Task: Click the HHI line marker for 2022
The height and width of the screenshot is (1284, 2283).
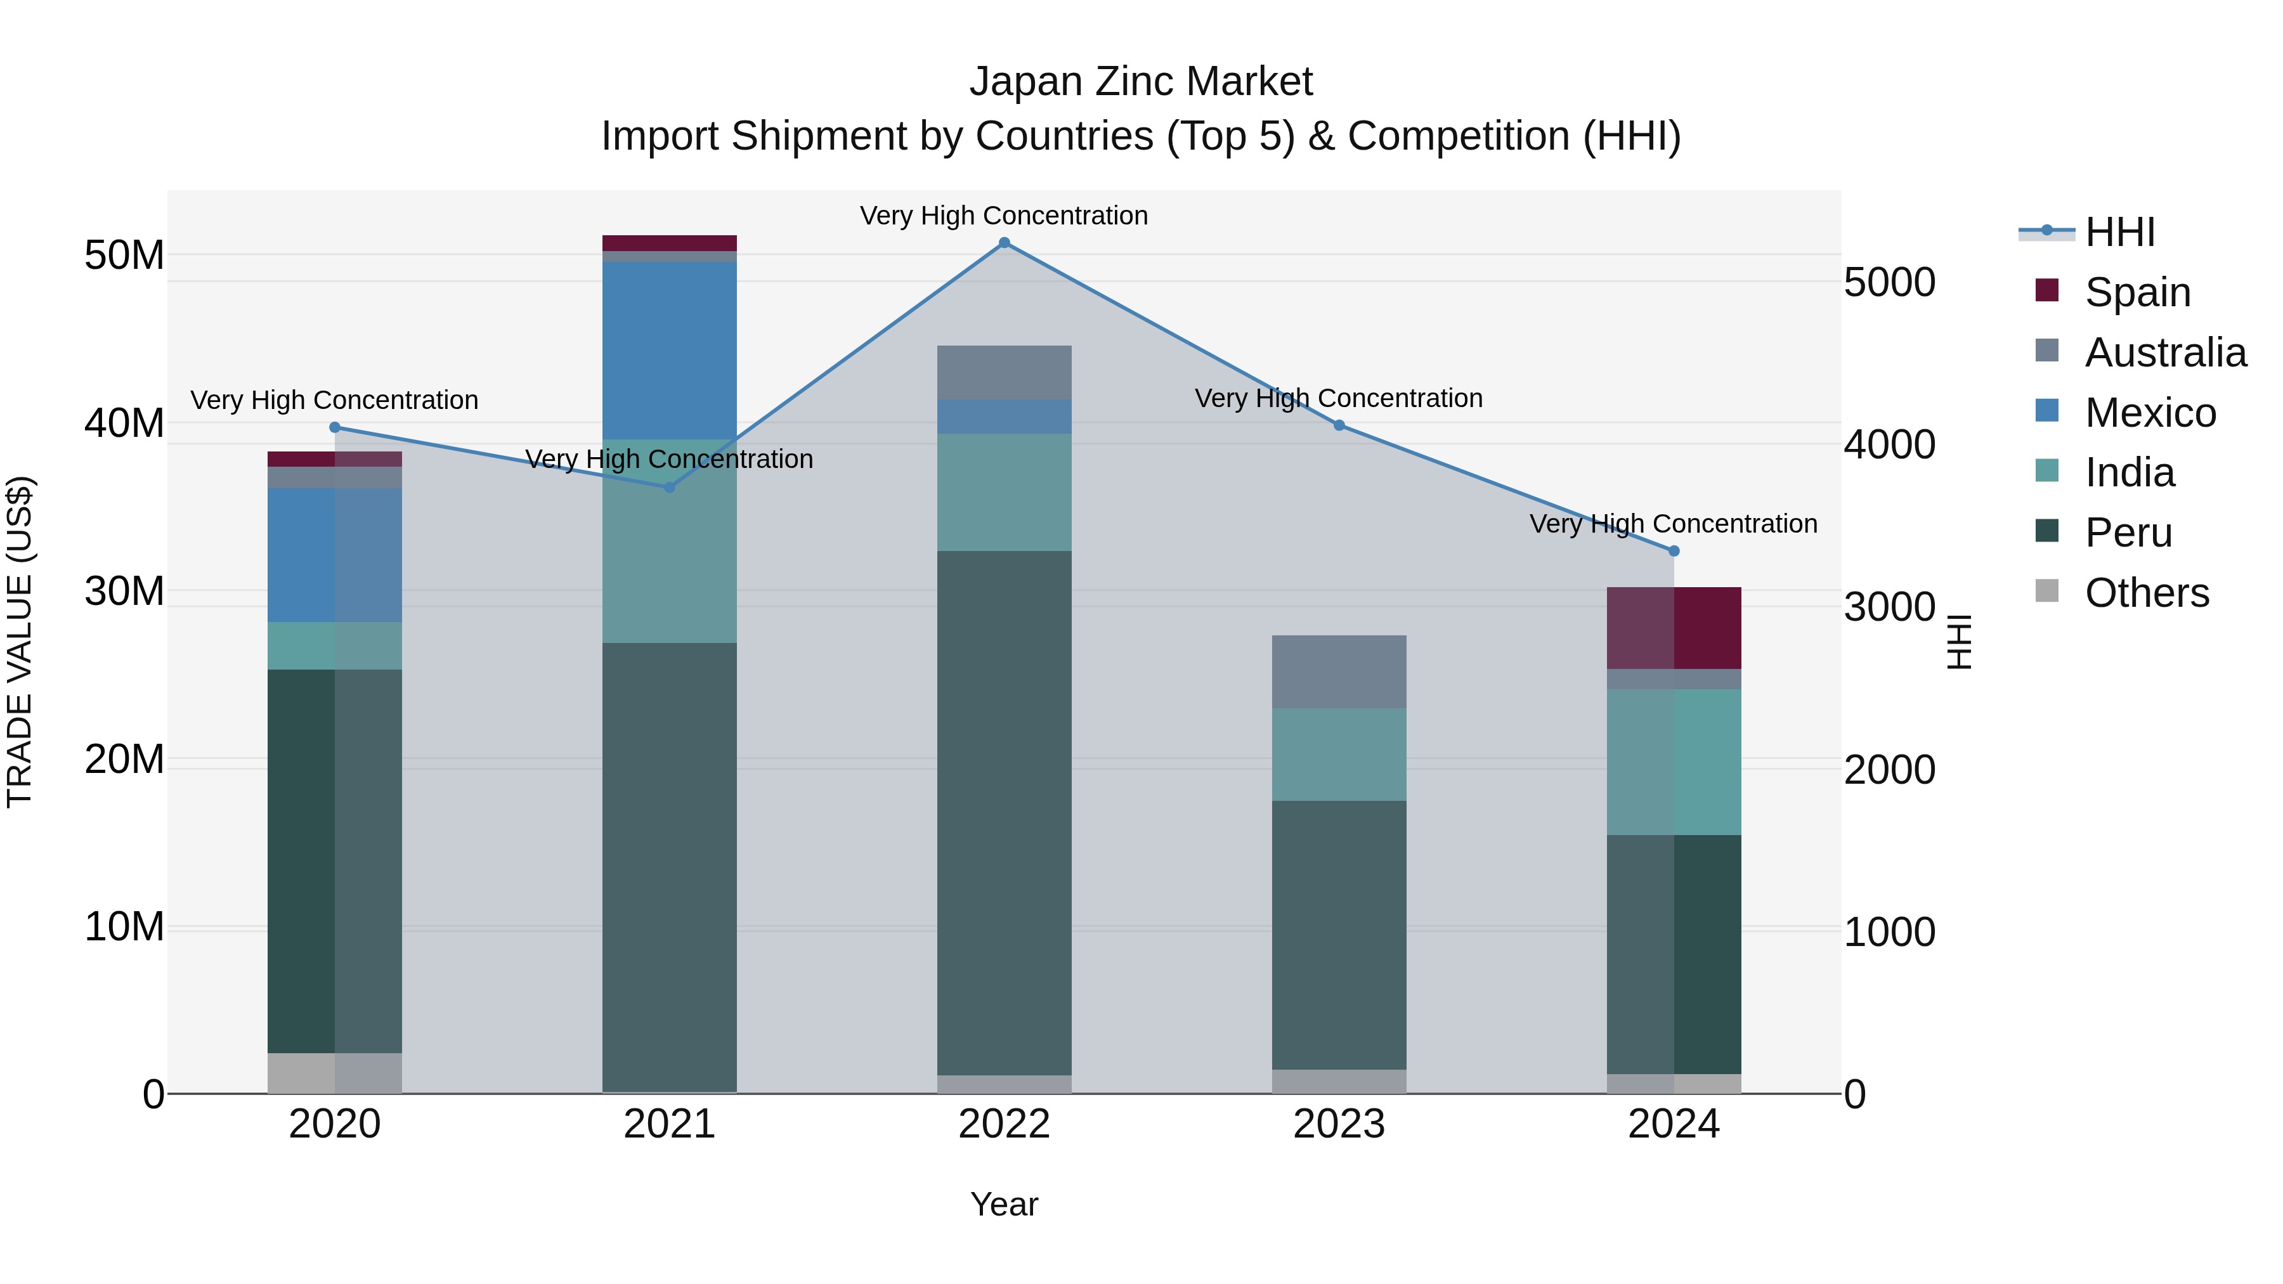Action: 1004,243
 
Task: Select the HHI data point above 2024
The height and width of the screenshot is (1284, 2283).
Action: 1674,551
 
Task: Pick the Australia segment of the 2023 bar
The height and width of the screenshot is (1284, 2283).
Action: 1339,671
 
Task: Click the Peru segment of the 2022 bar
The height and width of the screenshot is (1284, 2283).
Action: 1004,813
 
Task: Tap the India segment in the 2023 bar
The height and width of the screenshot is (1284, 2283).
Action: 1339,754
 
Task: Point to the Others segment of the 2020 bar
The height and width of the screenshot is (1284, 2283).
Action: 335,1073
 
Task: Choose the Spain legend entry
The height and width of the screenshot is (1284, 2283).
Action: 2138,292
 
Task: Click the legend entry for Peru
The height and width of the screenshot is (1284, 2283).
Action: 2129,533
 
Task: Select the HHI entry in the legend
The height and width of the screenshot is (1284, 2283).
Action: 2120,232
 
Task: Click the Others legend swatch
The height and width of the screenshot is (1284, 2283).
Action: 2047,591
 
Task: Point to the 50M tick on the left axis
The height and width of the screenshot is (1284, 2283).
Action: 124,255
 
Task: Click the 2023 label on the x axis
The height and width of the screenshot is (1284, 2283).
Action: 1339,1124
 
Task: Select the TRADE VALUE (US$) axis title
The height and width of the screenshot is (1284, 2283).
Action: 20,642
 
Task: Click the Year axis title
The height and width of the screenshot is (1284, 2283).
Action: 1004,1204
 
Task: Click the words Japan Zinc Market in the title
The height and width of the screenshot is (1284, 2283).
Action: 1141,82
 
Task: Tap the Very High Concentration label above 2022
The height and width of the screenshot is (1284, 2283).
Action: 1004,216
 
